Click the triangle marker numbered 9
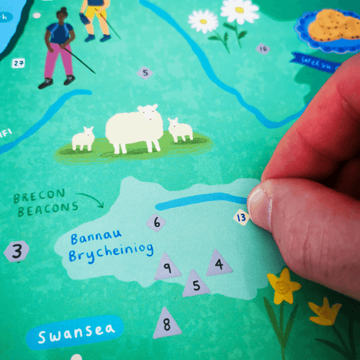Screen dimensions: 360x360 167,268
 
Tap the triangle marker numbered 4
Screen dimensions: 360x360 219,264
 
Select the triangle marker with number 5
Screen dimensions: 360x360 195,284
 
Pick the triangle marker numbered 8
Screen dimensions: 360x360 167,323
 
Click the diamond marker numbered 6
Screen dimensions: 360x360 156,222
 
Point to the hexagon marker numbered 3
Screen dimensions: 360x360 17,251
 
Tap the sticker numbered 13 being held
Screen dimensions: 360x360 241,217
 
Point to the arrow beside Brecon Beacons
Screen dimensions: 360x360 91,198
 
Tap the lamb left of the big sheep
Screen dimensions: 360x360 83,138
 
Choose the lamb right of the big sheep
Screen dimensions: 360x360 180,130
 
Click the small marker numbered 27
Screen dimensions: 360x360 19,63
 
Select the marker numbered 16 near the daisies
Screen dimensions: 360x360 262,49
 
